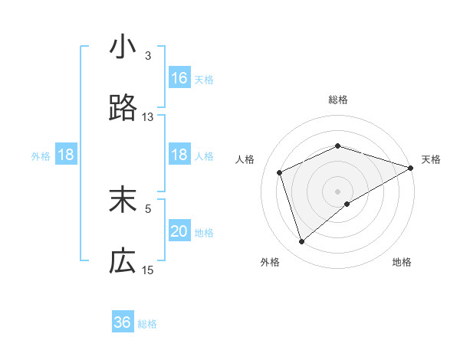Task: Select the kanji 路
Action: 123,110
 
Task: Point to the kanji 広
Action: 123,261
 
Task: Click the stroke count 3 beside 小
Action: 148,56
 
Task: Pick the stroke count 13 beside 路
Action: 148,117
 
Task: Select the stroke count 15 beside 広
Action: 148,270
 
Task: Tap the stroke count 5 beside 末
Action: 148,208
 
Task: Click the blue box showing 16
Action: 179,77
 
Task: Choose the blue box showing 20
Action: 179,231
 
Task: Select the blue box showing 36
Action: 123,322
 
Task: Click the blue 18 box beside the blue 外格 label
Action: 66,155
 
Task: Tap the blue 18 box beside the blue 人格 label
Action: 179,155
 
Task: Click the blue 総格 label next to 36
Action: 147,324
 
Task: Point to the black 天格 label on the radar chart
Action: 431,159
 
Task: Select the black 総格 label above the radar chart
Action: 338,100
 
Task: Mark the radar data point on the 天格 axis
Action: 411,168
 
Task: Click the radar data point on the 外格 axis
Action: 302,242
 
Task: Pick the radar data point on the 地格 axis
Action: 347,204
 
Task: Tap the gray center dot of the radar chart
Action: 338,191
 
